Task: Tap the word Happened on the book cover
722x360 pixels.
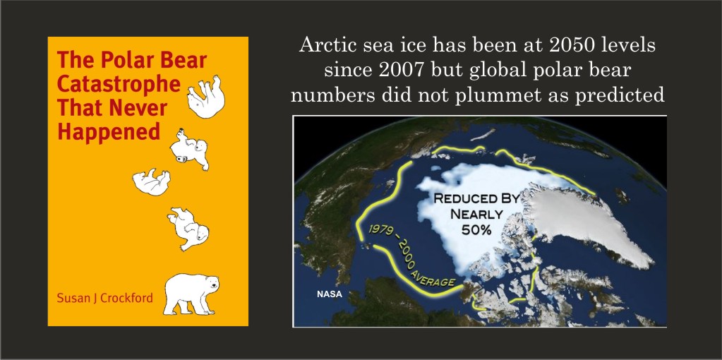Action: [x=109, y=131]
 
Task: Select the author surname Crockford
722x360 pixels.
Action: [x=126, y=298]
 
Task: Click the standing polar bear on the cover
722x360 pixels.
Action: [x=191, y=294]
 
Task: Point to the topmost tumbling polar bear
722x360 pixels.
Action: [x=206, y=97]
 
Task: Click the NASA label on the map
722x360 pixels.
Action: [x=329, y=294]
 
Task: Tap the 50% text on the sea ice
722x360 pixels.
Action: [x=476, y=229]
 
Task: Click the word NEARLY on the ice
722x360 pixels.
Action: [x=476, y=214]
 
